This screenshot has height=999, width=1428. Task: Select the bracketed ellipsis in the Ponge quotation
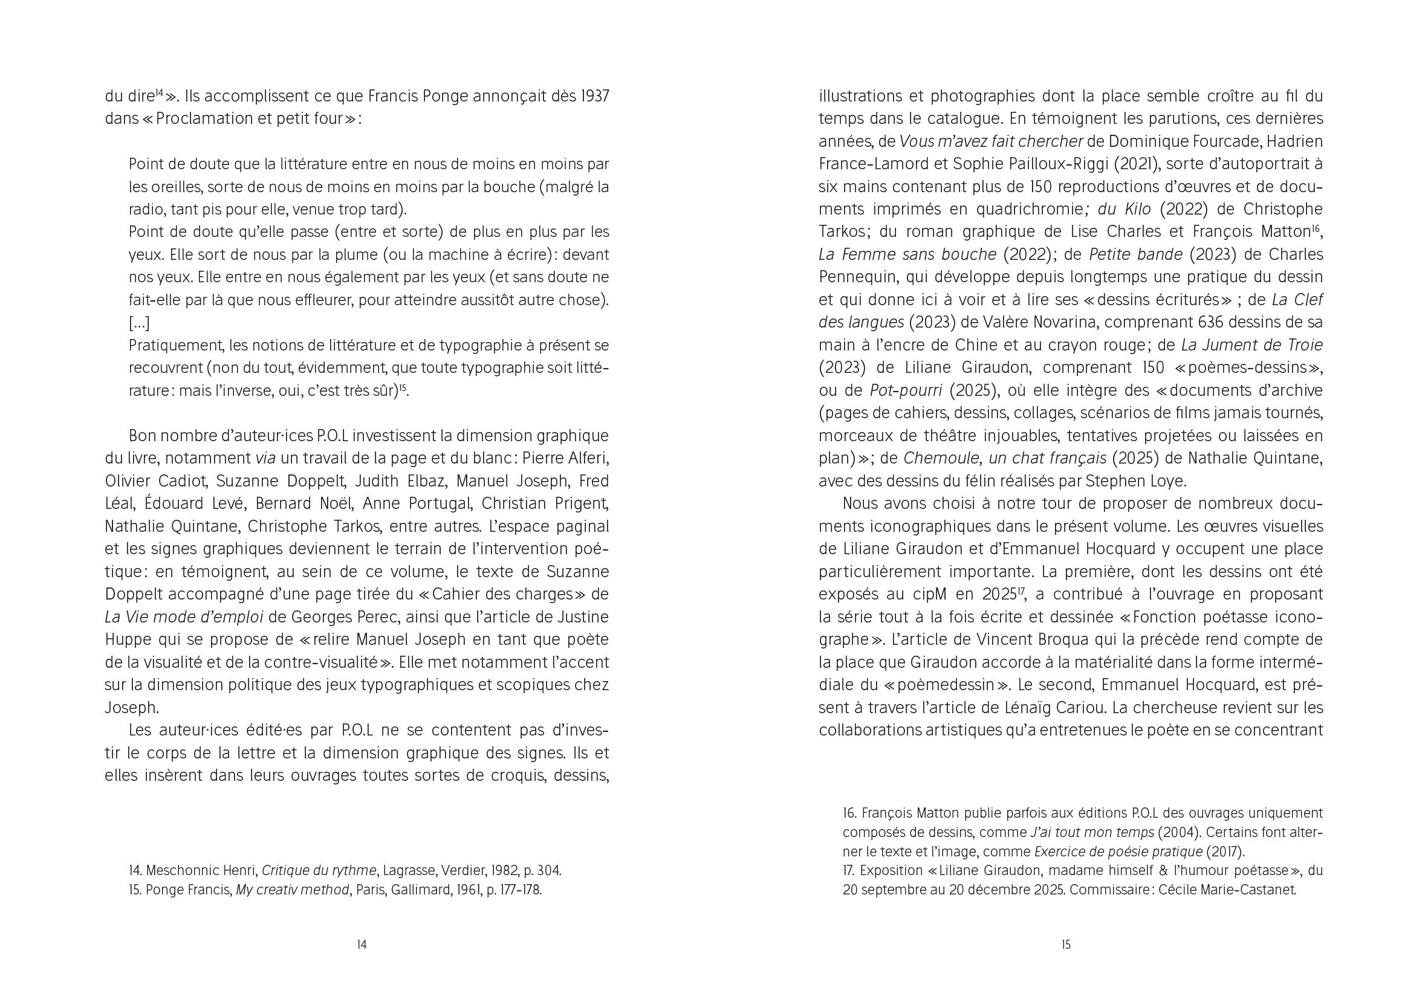tap(139, 323)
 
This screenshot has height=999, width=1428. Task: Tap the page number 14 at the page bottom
tap(362, 945)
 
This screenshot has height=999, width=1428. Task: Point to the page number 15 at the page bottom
tap(1066, 945)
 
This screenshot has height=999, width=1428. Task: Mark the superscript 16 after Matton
tap(1316, 228)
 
